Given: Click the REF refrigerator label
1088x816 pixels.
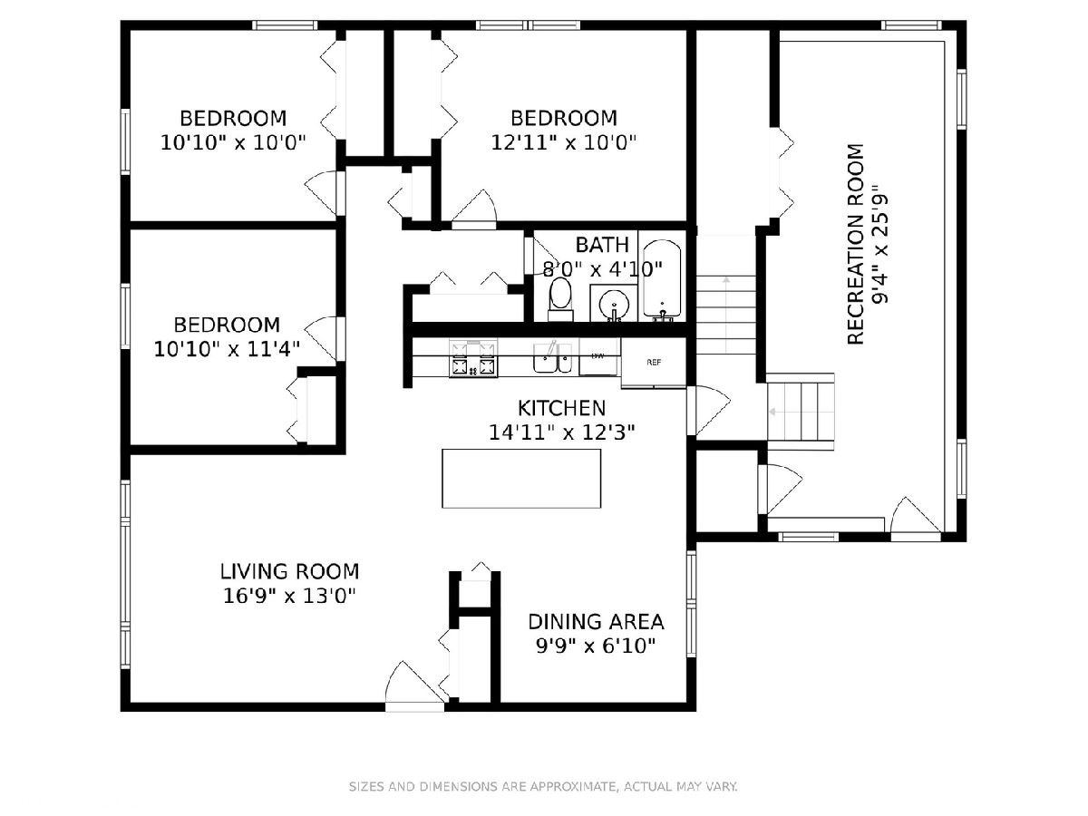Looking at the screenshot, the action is click(654, 362).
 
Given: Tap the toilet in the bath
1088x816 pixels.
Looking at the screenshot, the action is click(560, 299).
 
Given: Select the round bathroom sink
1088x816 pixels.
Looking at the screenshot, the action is click(614, 302).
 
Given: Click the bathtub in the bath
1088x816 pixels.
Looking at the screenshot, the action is click(662, 280).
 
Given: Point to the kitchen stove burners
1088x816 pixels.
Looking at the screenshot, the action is click(473, 358).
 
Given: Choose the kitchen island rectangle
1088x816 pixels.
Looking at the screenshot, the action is click(521, 478).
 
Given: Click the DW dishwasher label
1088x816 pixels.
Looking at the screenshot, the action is click(597, 355).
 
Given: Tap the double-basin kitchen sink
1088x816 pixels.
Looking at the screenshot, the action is click(552, 358).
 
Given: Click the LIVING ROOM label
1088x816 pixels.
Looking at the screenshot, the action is click(289, 571).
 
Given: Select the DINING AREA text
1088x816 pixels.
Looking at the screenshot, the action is click(596, 621).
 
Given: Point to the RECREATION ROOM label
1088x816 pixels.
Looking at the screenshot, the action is click(856, 244).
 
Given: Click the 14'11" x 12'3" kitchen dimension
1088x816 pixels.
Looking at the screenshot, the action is click(561, 432).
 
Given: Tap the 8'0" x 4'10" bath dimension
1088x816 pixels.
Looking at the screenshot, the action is click(602, 269).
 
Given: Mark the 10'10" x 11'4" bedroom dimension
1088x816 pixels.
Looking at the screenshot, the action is click(227, 349).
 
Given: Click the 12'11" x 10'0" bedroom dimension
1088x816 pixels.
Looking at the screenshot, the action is click(564, 142).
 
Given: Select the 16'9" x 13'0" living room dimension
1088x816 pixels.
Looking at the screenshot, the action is click(289, 596).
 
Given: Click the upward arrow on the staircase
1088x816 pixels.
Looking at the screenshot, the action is click(726, 314).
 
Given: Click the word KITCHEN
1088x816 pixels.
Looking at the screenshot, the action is click(561, 408).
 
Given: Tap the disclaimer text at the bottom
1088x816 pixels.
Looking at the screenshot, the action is click(543, 786).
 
